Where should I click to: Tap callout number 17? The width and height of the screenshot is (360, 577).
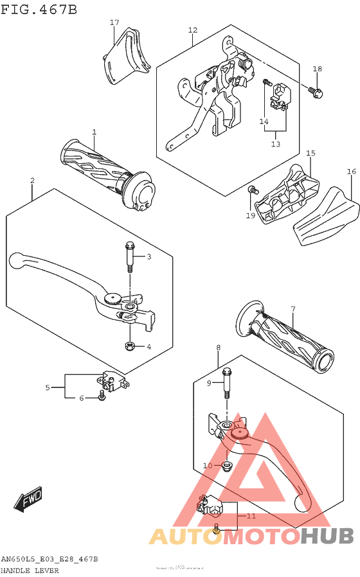(x=114, y=22)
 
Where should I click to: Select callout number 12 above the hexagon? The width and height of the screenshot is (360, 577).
(x=193, y=30)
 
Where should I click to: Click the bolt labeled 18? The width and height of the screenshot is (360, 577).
(x=317, y=93)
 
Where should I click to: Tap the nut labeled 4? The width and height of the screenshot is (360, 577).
(x=129, y=347)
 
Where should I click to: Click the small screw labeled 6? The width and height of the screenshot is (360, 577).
(x=102, y=398)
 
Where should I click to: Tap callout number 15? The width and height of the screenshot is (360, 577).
(x=310, y=153)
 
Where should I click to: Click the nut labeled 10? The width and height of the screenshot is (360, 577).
(x=226, y=465)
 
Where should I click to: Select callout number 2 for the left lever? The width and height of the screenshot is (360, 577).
(x=32, y=181)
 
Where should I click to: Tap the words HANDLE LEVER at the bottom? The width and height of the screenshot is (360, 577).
(x=30, y=570)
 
